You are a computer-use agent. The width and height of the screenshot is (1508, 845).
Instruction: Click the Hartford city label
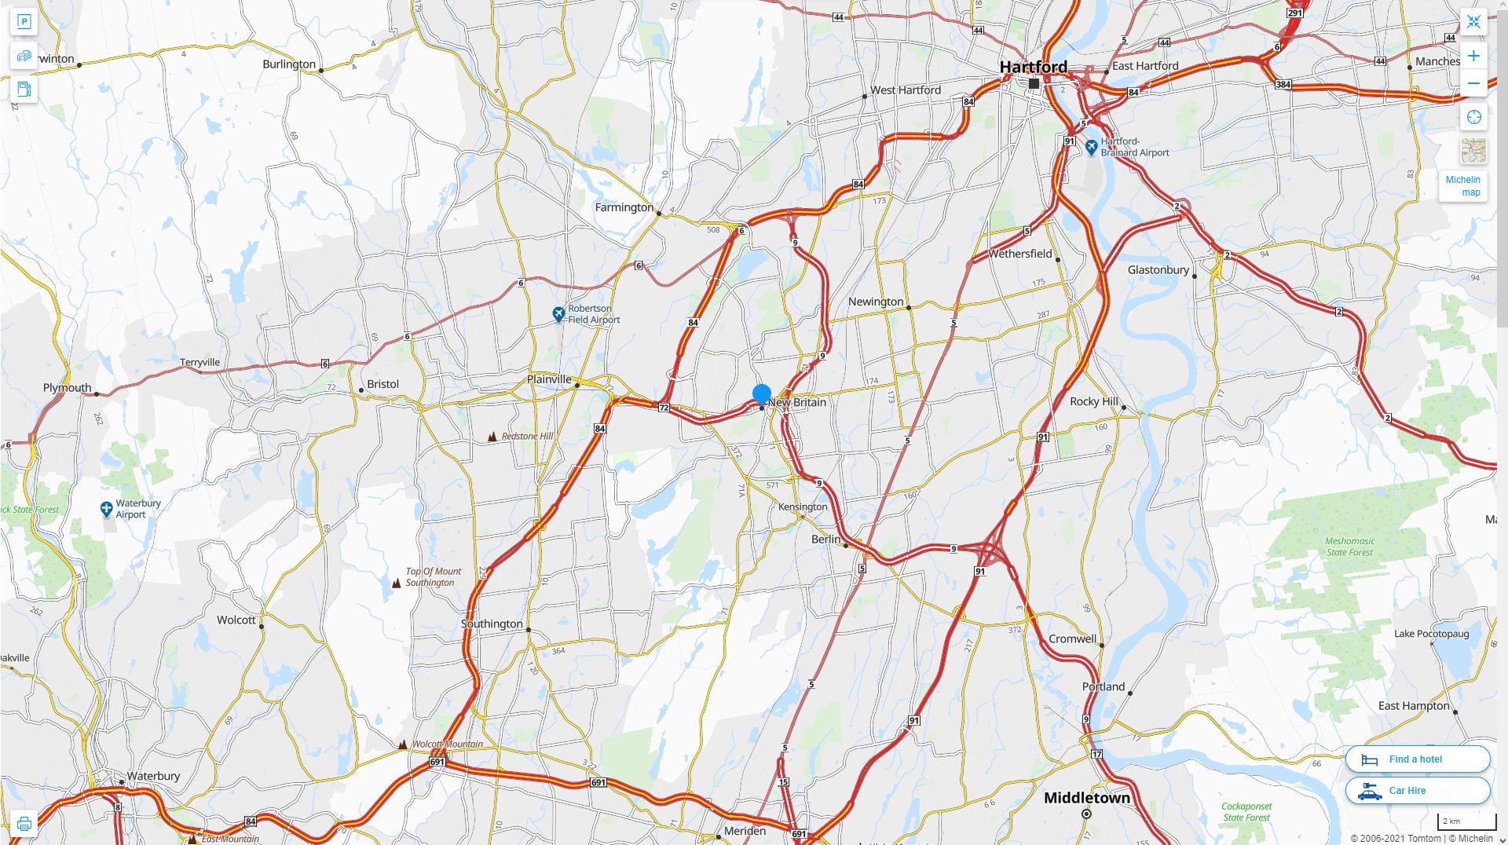click(x=1033, y=67)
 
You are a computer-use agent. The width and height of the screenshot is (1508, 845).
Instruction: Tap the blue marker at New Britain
click(x=761, y=393)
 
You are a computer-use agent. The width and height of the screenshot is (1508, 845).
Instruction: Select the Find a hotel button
click(x=1417, y=759)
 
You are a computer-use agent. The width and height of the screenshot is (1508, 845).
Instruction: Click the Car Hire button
click(x=1417, y=791)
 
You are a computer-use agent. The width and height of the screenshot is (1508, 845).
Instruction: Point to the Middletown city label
click(x=1086, y=798)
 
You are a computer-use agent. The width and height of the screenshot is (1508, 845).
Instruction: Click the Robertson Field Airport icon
click(x=558, y=314)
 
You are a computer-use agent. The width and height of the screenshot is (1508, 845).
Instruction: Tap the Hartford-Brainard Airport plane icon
click(x=1091, y=147)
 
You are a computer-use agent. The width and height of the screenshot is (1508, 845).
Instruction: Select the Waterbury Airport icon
click(x=107, y=509)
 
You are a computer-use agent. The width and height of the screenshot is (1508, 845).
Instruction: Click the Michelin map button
click(x=1462, y=186)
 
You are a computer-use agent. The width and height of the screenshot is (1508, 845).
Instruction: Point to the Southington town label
click(x=492, y=624)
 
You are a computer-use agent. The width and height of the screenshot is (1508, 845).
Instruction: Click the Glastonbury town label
click(x=1158, y=270)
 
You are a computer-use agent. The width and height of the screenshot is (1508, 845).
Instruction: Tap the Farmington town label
click(x=624, y=207)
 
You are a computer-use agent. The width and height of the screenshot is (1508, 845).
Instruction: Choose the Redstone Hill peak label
click(x=527, y=437)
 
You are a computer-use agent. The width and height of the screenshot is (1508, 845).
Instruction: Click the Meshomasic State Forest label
click(x=1349, y=547)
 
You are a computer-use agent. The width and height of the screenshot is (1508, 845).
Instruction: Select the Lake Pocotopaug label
click(x=1431, y=634)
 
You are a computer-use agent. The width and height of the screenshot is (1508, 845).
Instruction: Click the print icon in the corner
click(x=24, y=824)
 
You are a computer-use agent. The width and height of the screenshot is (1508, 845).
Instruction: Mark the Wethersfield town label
click(x=1019, y=254)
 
